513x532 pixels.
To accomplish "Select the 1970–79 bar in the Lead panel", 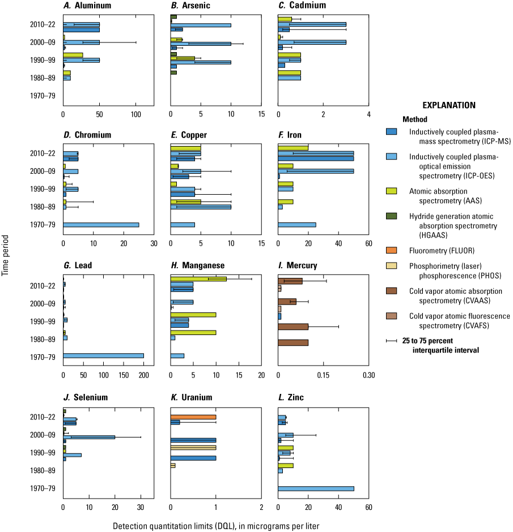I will (103, 355).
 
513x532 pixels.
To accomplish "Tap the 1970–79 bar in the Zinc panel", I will (316, 488).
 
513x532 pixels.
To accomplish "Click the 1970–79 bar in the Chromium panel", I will (101, 225).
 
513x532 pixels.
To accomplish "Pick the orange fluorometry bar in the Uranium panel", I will (193, 417).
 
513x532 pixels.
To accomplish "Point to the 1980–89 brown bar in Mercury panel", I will (293, 342).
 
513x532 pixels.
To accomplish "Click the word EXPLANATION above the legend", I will (449, 105).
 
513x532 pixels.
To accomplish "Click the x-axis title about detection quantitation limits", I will (216, 526).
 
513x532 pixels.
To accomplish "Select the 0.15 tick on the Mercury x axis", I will (323, 375).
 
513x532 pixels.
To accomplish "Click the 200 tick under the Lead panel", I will (144, 375).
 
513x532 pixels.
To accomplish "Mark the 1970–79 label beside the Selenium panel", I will (44, 488).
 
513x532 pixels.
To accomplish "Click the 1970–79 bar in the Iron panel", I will (297, 225).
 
